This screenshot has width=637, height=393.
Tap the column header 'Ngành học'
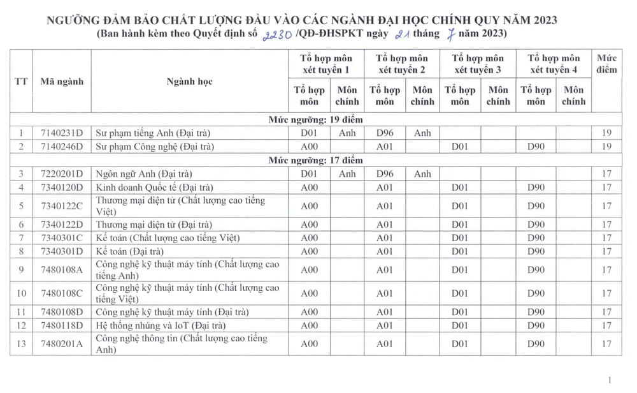tap(189, 82)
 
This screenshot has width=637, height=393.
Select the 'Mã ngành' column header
tap(61, 82)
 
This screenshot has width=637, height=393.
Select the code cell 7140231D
tap(61, 133)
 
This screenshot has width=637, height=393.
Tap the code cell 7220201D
tap(61, 174)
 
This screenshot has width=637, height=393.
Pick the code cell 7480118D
tap(61, 325)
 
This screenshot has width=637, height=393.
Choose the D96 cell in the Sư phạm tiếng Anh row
tap(385, 133)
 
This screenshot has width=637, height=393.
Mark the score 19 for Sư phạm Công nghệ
tap(606, 147)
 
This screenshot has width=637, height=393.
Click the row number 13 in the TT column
tap(21, 344)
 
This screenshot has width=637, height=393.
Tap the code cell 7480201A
tap(61, 344)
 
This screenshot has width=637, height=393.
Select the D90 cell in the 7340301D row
tap(536, 251)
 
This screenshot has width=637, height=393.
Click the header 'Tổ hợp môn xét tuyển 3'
tap(478, 64)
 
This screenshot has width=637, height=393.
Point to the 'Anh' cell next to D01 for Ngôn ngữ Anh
tap(347, 174)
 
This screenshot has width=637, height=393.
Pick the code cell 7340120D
tap(61, 187)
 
